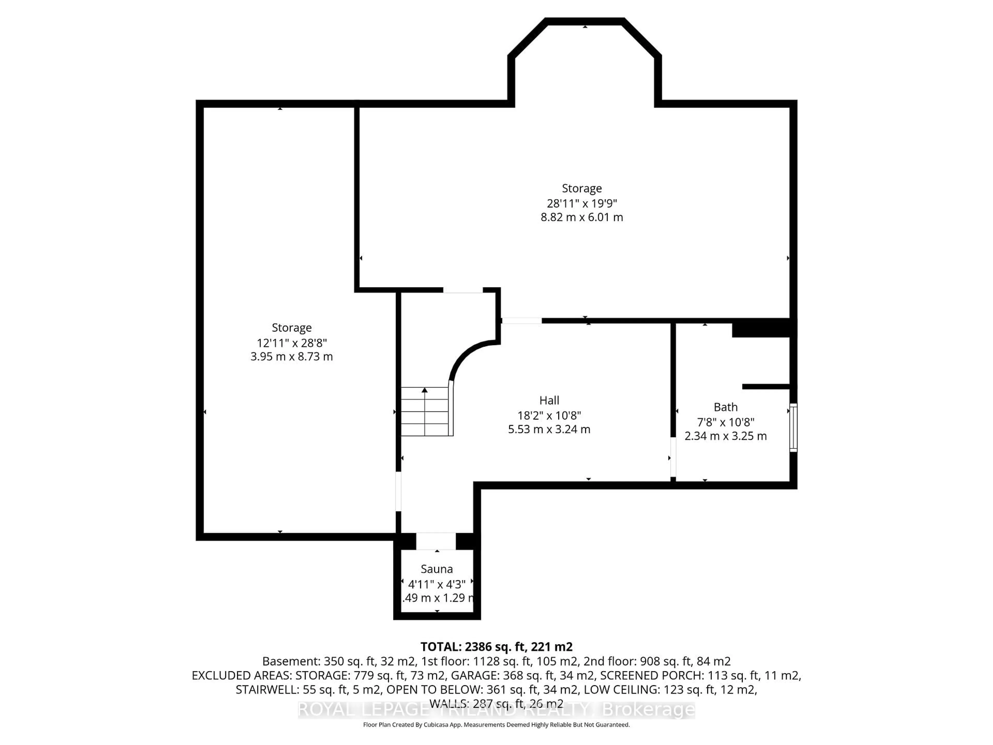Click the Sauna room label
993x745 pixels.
tap(436, 569)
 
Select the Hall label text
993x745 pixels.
tap(549, 400)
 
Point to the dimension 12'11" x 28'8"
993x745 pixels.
tap(291, 343)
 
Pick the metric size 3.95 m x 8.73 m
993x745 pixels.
tap(291, 356)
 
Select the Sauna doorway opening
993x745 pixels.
tap(436, 541)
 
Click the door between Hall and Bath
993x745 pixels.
tap(673, 457)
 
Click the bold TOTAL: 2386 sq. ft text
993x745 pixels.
tap(496, 647)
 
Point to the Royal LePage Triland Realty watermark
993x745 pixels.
tap(496, 710)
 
